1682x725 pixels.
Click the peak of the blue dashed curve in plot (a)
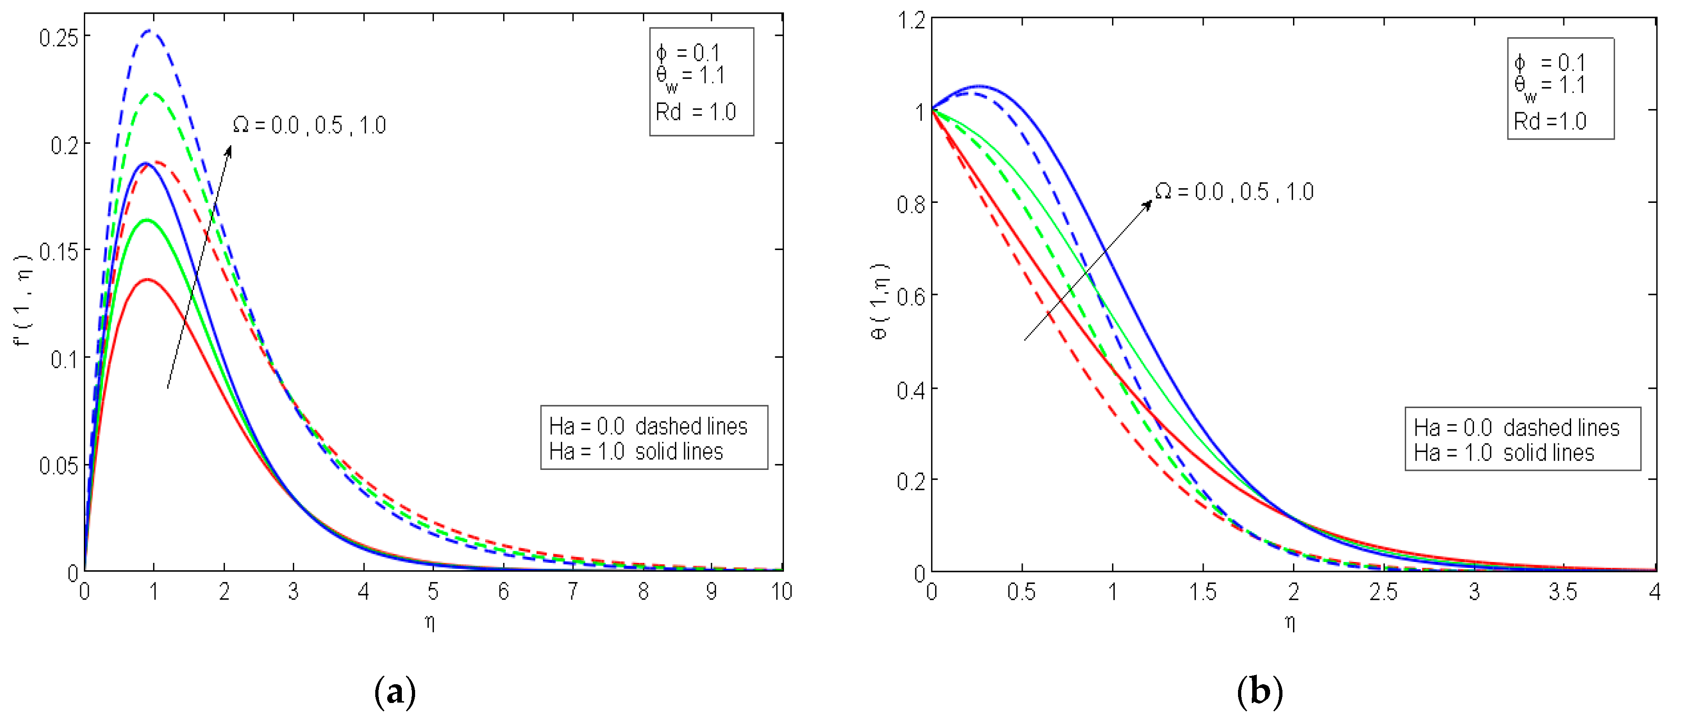151,30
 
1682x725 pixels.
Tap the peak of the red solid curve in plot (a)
148,279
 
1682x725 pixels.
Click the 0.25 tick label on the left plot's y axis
59,38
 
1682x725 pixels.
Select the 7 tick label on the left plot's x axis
573,591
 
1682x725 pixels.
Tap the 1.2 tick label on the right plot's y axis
911,20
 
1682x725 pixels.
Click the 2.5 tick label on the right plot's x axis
1383,591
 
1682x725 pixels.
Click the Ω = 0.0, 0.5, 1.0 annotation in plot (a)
309,125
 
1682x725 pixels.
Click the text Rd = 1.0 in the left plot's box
696,112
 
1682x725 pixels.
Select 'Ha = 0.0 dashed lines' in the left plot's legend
648,426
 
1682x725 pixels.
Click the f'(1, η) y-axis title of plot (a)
23,300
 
